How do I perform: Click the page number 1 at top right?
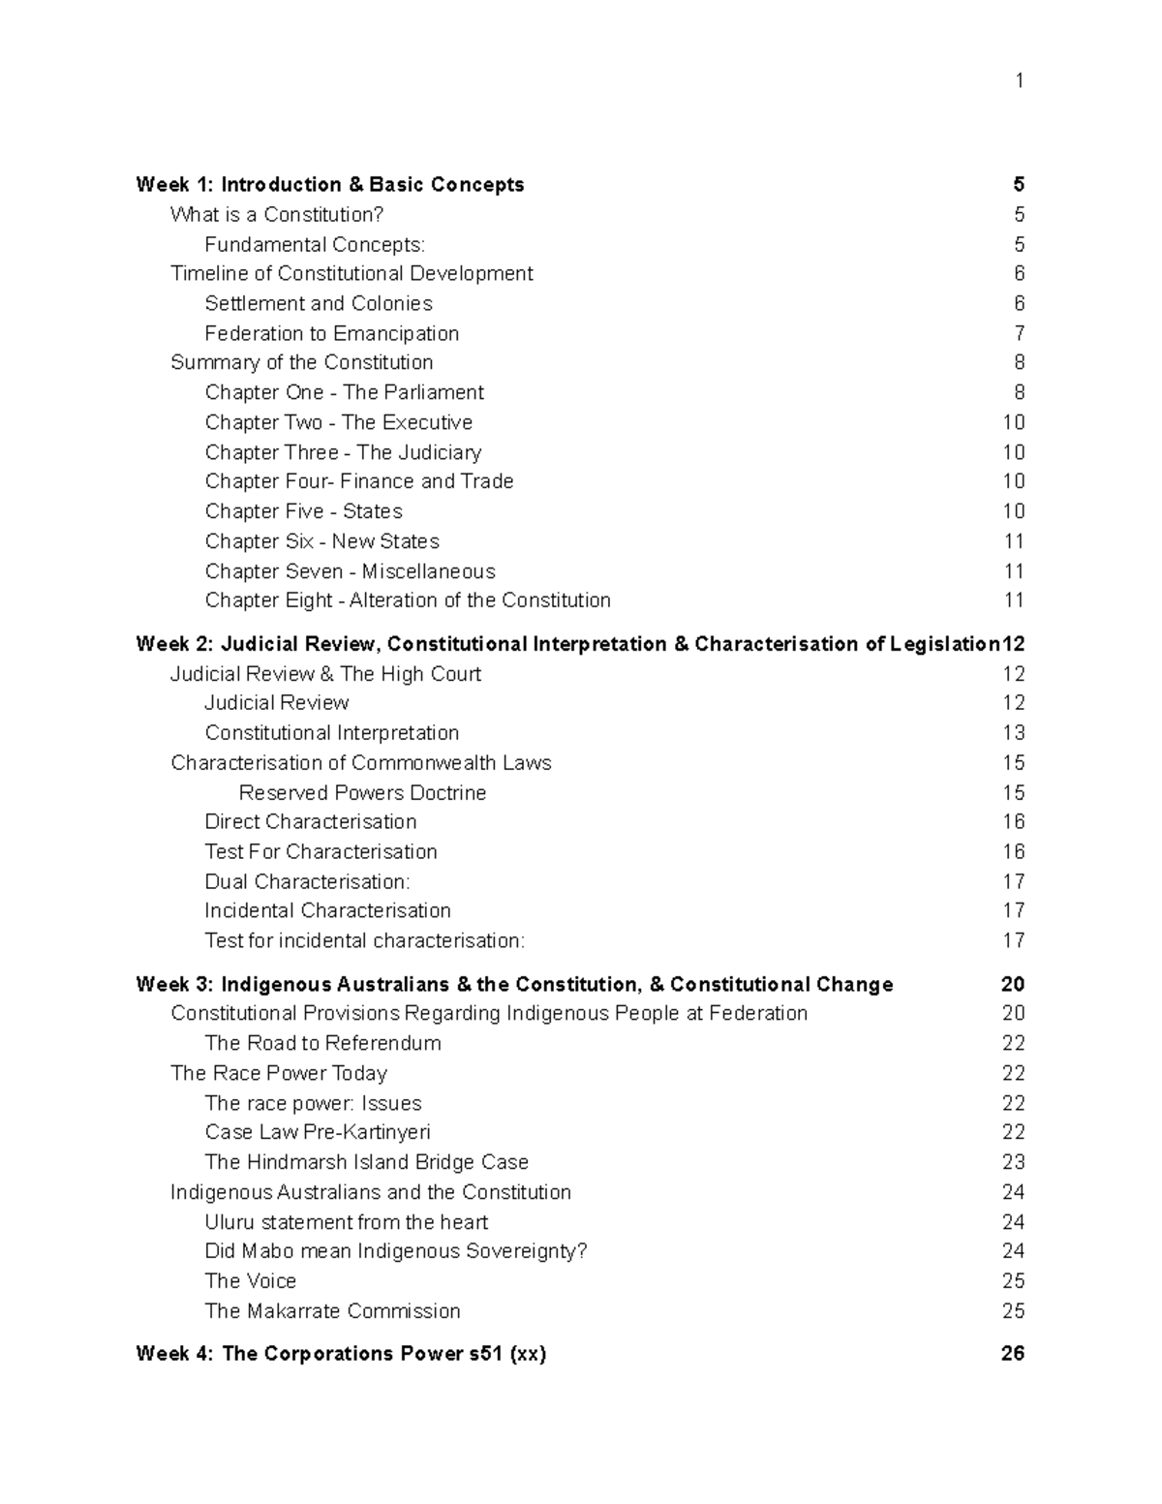[1019, 80]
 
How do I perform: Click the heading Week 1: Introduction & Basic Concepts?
[329, 185]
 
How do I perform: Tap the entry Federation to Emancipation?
[331, 334]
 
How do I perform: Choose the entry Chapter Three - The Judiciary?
[343, 452]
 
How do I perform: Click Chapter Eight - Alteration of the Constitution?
[407, 600]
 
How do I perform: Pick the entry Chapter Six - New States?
[321, 541]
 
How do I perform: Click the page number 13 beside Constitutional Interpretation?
[1013, 733]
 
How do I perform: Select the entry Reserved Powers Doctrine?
[362, 793]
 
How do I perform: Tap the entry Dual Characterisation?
[307, 882]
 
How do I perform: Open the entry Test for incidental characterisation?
[364, 941]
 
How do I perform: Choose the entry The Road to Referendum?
[322, 1044]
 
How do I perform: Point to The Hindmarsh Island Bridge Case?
[366, 1162]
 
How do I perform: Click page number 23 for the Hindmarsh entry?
[1013, 1162]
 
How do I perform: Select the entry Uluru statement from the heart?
[346, 1222]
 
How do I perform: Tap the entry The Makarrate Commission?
[332, 1311]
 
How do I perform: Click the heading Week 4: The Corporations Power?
[341, 1354]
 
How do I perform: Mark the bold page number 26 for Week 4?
[1012, 1354]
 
